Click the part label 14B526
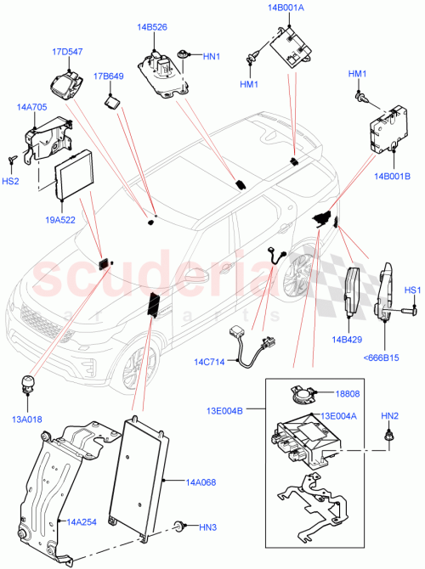[152, 27]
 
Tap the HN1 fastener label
[212, 57]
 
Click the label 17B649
[109, 76]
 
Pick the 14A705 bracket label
[31, 107]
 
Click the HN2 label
[390, 415]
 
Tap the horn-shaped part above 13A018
[28, 383]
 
